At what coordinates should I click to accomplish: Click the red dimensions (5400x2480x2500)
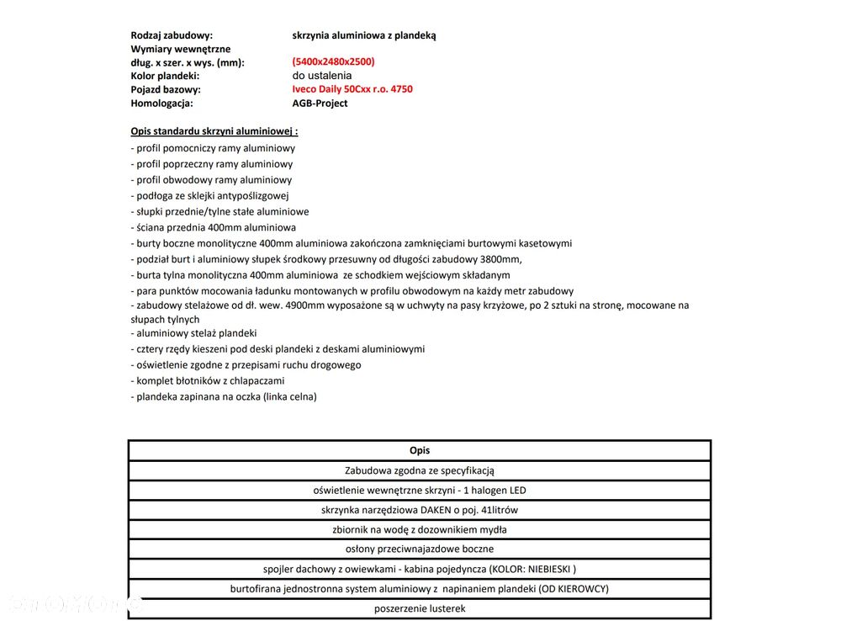(333, 61)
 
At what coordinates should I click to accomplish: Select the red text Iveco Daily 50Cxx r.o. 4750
(352, 89)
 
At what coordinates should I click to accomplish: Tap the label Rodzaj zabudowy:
(172, 35)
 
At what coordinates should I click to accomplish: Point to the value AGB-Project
(320, 103)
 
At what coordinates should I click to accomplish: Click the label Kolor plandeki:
(165, 76)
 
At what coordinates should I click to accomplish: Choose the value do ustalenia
(322, 76)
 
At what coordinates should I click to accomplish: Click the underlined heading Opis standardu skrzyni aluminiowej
(214, 131)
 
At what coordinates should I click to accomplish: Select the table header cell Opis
(420, 451)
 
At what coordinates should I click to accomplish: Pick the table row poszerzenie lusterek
(420, 608)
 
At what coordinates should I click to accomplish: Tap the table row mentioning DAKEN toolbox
(420, 510)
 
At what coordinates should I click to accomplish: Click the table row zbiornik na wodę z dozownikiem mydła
(420, 530)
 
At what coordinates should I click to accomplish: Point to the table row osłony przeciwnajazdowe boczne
(420, 549)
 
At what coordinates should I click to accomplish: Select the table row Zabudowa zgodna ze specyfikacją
(420, 470)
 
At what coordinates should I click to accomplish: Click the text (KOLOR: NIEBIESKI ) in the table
(532, 569)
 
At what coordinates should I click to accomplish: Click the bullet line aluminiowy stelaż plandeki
(194, 333)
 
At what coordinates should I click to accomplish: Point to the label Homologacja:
(161, 103)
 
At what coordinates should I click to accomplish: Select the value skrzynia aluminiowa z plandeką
(364, 35)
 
